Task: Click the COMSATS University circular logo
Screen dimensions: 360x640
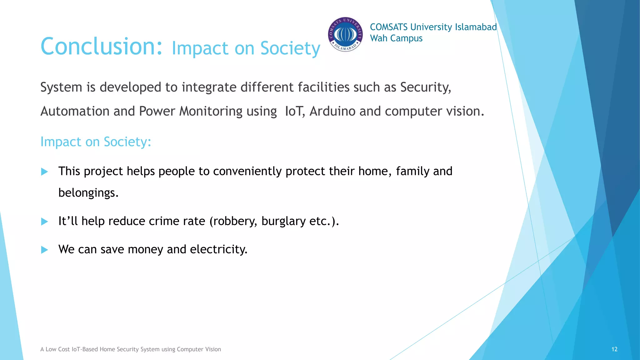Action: (345, 34)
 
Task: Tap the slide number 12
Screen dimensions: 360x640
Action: (614, 349)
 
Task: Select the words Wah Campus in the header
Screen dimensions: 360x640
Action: (396, 38)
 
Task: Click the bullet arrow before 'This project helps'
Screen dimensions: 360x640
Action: (45, 172)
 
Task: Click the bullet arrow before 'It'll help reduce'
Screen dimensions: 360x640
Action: (45, 222)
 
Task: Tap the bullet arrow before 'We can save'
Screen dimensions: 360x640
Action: (45, 250)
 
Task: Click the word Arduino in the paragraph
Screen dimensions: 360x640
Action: (332, 111)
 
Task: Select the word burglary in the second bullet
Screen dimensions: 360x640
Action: (283, 221)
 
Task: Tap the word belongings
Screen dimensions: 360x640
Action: (88, 193)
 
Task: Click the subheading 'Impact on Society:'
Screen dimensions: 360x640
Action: (96, 142)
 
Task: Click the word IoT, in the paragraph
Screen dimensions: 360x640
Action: (295, 111)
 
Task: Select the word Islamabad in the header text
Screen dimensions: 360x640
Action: (476, 27)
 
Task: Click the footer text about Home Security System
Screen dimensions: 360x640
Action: (130, 349)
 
